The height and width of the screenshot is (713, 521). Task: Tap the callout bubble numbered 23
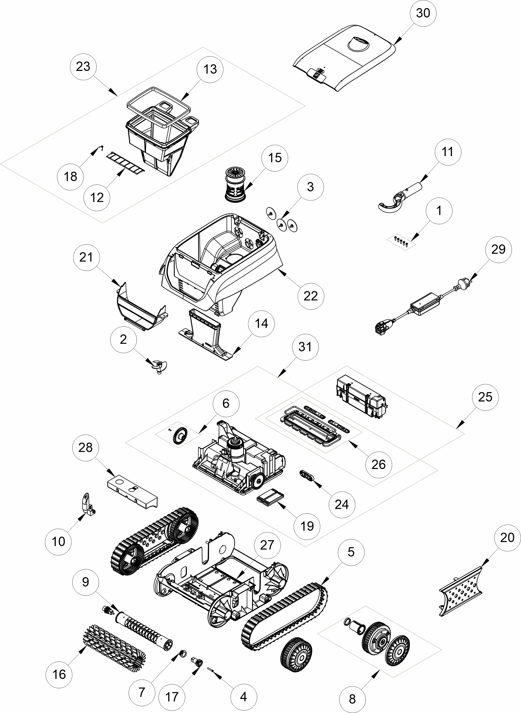coord(83,66)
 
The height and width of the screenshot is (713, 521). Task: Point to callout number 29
coord(498,249)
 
